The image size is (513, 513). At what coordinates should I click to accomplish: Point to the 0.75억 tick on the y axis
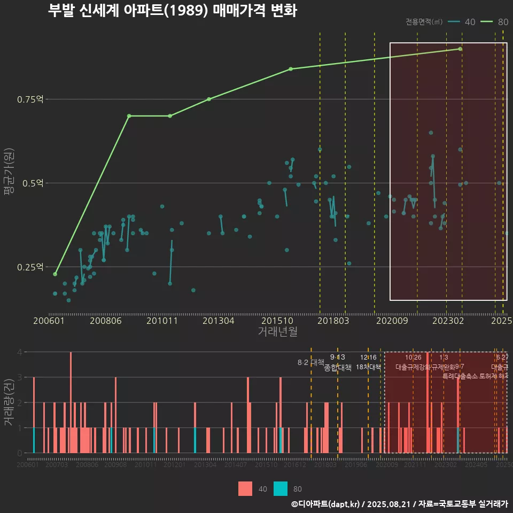(32, 99)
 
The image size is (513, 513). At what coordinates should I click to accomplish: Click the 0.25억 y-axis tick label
(32, 267)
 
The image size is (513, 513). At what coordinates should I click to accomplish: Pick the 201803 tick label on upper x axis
(333, 321)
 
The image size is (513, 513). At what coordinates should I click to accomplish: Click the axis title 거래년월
(277, 332)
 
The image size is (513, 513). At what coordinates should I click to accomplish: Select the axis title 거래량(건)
(9, 402)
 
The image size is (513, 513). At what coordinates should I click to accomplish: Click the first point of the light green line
(55, 274)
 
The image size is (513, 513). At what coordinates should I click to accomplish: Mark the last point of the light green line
(460, 49)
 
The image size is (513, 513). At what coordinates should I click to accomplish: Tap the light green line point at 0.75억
(209, 99)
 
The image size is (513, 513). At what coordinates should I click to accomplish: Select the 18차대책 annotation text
(368, 368)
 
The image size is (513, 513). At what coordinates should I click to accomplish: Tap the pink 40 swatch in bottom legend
(245, 488)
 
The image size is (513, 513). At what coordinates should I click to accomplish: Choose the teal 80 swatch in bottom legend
(281, 488)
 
